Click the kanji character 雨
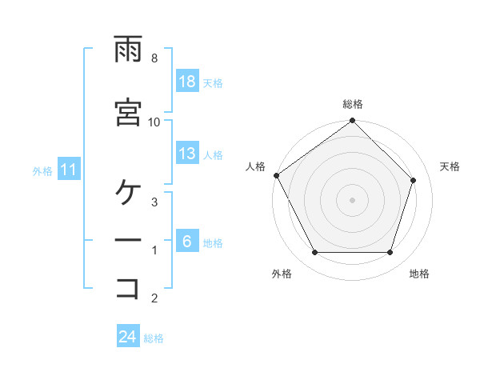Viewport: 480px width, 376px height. pyautogui.click(x=128, y=50)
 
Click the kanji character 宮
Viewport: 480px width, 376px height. pyautogui.click(x=128, y=112)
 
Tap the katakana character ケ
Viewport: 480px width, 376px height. pyautogui.click(x=128, y=192)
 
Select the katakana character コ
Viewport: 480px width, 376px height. pyautogui.click(x=128, y=287)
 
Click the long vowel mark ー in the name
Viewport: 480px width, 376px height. pyautogui.click(x=128, y=240)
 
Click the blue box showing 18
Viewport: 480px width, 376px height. pyautogui.click(x=187, y=82)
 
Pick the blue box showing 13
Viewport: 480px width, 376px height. pyautogui.click(x=187, y=154)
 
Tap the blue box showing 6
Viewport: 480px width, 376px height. pyautogui.click(x=187, y=242)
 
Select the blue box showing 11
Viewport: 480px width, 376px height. pyautogui.click(x=69, y=170)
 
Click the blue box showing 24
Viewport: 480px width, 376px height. pyautogui.click(x=128, y=337)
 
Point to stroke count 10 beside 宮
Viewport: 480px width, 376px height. pyautogui.click(x=154, y=122)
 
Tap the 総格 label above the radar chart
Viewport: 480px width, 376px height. pyautogui.click(x=353, y=104)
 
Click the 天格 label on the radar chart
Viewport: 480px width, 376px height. pyautogui.click(x=450, y=166)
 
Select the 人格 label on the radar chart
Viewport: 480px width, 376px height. pyautogui.click(x=255, y=166)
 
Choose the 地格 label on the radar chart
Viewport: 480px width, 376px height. pyautogui.click(x=419, y=274)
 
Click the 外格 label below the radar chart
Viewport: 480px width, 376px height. pyautogui.click(x=282, y=274)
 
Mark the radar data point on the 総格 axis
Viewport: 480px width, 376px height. pyautogui.click(x=353, y=122)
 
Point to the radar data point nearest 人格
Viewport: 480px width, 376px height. pyautogui.click(x=276, y=175)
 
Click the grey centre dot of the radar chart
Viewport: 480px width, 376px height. pyautogui.click(x=353, y=200)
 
